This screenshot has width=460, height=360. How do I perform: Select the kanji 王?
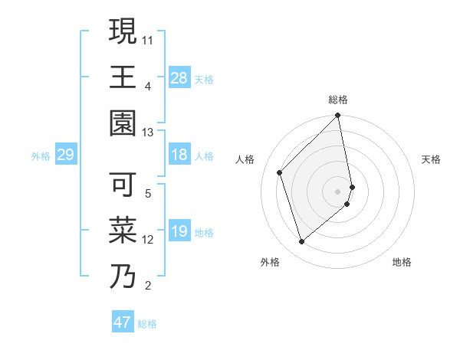click(123, 76)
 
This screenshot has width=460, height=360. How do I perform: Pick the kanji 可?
click(123, 185)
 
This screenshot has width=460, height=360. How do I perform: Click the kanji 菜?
click(123, 231)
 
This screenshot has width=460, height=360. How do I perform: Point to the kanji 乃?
click(123, 277)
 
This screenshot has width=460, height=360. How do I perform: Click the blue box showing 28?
click(179, 77)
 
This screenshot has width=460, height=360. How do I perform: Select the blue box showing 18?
click(179, 155)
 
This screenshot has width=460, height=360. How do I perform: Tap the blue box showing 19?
click(179, 232)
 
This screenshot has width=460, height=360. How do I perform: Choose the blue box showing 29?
click(65, 155)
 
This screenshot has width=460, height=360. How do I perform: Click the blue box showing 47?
click(122, 322)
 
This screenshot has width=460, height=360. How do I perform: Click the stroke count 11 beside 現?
click(148, 38)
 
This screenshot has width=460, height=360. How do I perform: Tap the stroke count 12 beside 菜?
click(148, 240)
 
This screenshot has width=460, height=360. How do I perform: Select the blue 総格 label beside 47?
click(147, 324)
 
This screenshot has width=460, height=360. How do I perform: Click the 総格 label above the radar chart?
click(338, 100)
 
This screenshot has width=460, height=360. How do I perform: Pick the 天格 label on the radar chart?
click(431, 159)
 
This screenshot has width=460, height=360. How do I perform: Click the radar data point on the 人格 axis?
click(280, 172)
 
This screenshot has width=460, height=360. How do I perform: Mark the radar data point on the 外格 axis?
click(302, 242)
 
